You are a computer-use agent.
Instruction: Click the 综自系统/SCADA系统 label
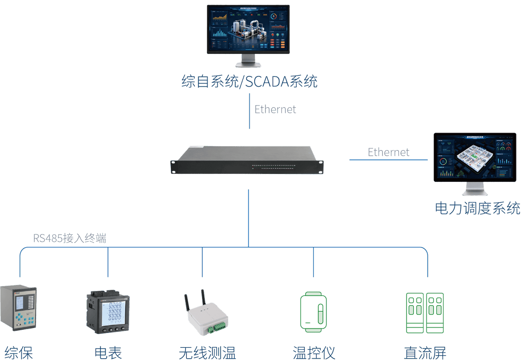pos(249,82)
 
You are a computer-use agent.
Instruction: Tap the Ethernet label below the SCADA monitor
pos(275,109)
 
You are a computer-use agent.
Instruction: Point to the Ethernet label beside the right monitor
pos(388,152)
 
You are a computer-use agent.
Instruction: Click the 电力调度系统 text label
pos(478,208)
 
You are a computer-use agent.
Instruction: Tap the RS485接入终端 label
pos(70,239)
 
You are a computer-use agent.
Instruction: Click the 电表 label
pos(108,353)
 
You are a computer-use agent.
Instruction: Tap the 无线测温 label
pos(207,353)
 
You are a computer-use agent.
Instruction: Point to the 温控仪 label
pos(314,353)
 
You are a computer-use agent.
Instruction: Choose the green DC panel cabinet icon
pos(425,313)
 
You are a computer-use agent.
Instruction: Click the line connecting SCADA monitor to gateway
pos(250,116)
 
